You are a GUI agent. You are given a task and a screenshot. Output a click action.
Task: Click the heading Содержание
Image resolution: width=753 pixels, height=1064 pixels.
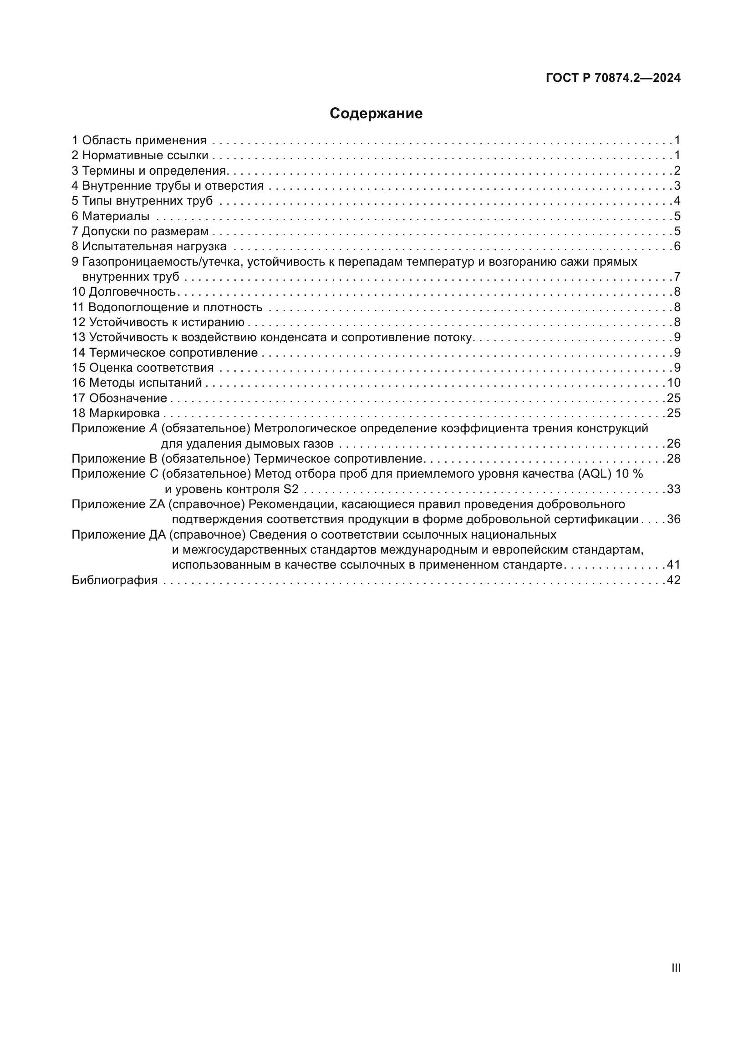point(376,114)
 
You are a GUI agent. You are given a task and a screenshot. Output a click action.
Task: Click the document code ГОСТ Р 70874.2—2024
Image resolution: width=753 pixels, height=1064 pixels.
point(613,78)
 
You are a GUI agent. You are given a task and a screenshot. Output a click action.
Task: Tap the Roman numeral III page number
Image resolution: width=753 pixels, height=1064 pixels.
point(676,968)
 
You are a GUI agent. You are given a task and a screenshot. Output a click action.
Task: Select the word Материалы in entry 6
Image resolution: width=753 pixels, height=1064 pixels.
point(116,216)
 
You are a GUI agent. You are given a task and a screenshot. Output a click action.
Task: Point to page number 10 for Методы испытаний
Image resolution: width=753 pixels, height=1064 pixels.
point(674,383)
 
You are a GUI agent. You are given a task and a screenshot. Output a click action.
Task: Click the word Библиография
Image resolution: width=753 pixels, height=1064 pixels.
point(115,580)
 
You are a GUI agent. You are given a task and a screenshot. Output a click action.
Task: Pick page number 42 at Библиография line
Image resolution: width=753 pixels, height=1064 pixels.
point(674,580)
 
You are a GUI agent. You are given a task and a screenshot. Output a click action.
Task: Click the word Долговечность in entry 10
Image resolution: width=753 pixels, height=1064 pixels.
point(132,292)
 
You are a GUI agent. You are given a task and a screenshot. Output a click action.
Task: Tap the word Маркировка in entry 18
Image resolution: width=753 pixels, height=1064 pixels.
point(124,413)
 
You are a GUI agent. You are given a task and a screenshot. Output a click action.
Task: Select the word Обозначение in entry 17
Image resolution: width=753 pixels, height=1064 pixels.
point(128,398)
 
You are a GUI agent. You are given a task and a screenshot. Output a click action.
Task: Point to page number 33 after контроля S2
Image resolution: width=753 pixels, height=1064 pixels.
point(674,489)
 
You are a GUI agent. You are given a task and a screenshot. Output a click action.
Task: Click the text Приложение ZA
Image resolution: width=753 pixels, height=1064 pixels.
point(118,504)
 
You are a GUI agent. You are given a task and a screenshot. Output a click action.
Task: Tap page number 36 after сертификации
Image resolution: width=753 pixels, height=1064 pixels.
point(674,519)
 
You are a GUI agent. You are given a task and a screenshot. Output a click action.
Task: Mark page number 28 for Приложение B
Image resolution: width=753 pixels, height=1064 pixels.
point(674,459)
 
